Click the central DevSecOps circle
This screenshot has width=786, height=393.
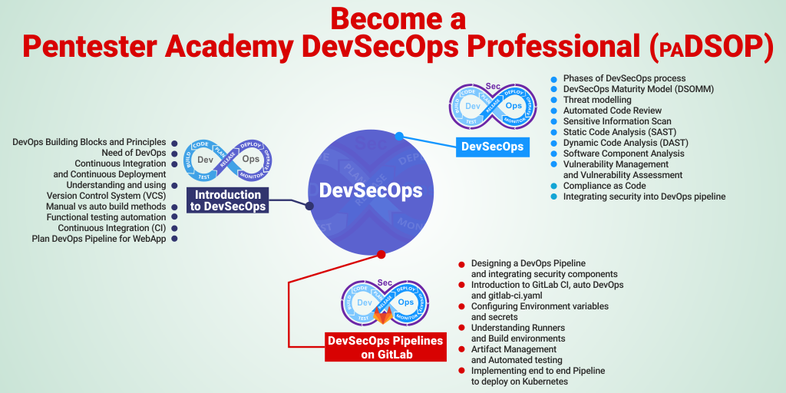[371, 192]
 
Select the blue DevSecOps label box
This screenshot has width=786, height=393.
[492, 147]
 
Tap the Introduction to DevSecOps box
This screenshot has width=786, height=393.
[228, 200]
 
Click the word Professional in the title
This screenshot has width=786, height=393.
[560, 48]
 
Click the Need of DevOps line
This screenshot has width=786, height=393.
[134, 153]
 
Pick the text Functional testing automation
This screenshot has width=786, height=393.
[106, 217]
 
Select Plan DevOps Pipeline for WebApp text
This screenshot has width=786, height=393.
[99, 239]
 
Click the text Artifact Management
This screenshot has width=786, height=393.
[514, 349]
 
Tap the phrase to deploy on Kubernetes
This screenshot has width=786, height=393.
[520, 381]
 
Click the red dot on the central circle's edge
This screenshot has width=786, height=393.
[381, 254]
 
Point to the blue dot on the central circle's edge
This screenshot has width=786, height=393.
[399, 136]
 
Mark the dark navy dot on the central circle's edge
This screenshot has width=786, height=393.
[310, 206]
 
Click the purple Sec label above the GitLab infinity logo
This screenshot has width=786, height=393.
[385, 282]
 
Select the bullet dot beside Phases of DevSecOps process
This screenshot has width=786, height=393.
[553, 79]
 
